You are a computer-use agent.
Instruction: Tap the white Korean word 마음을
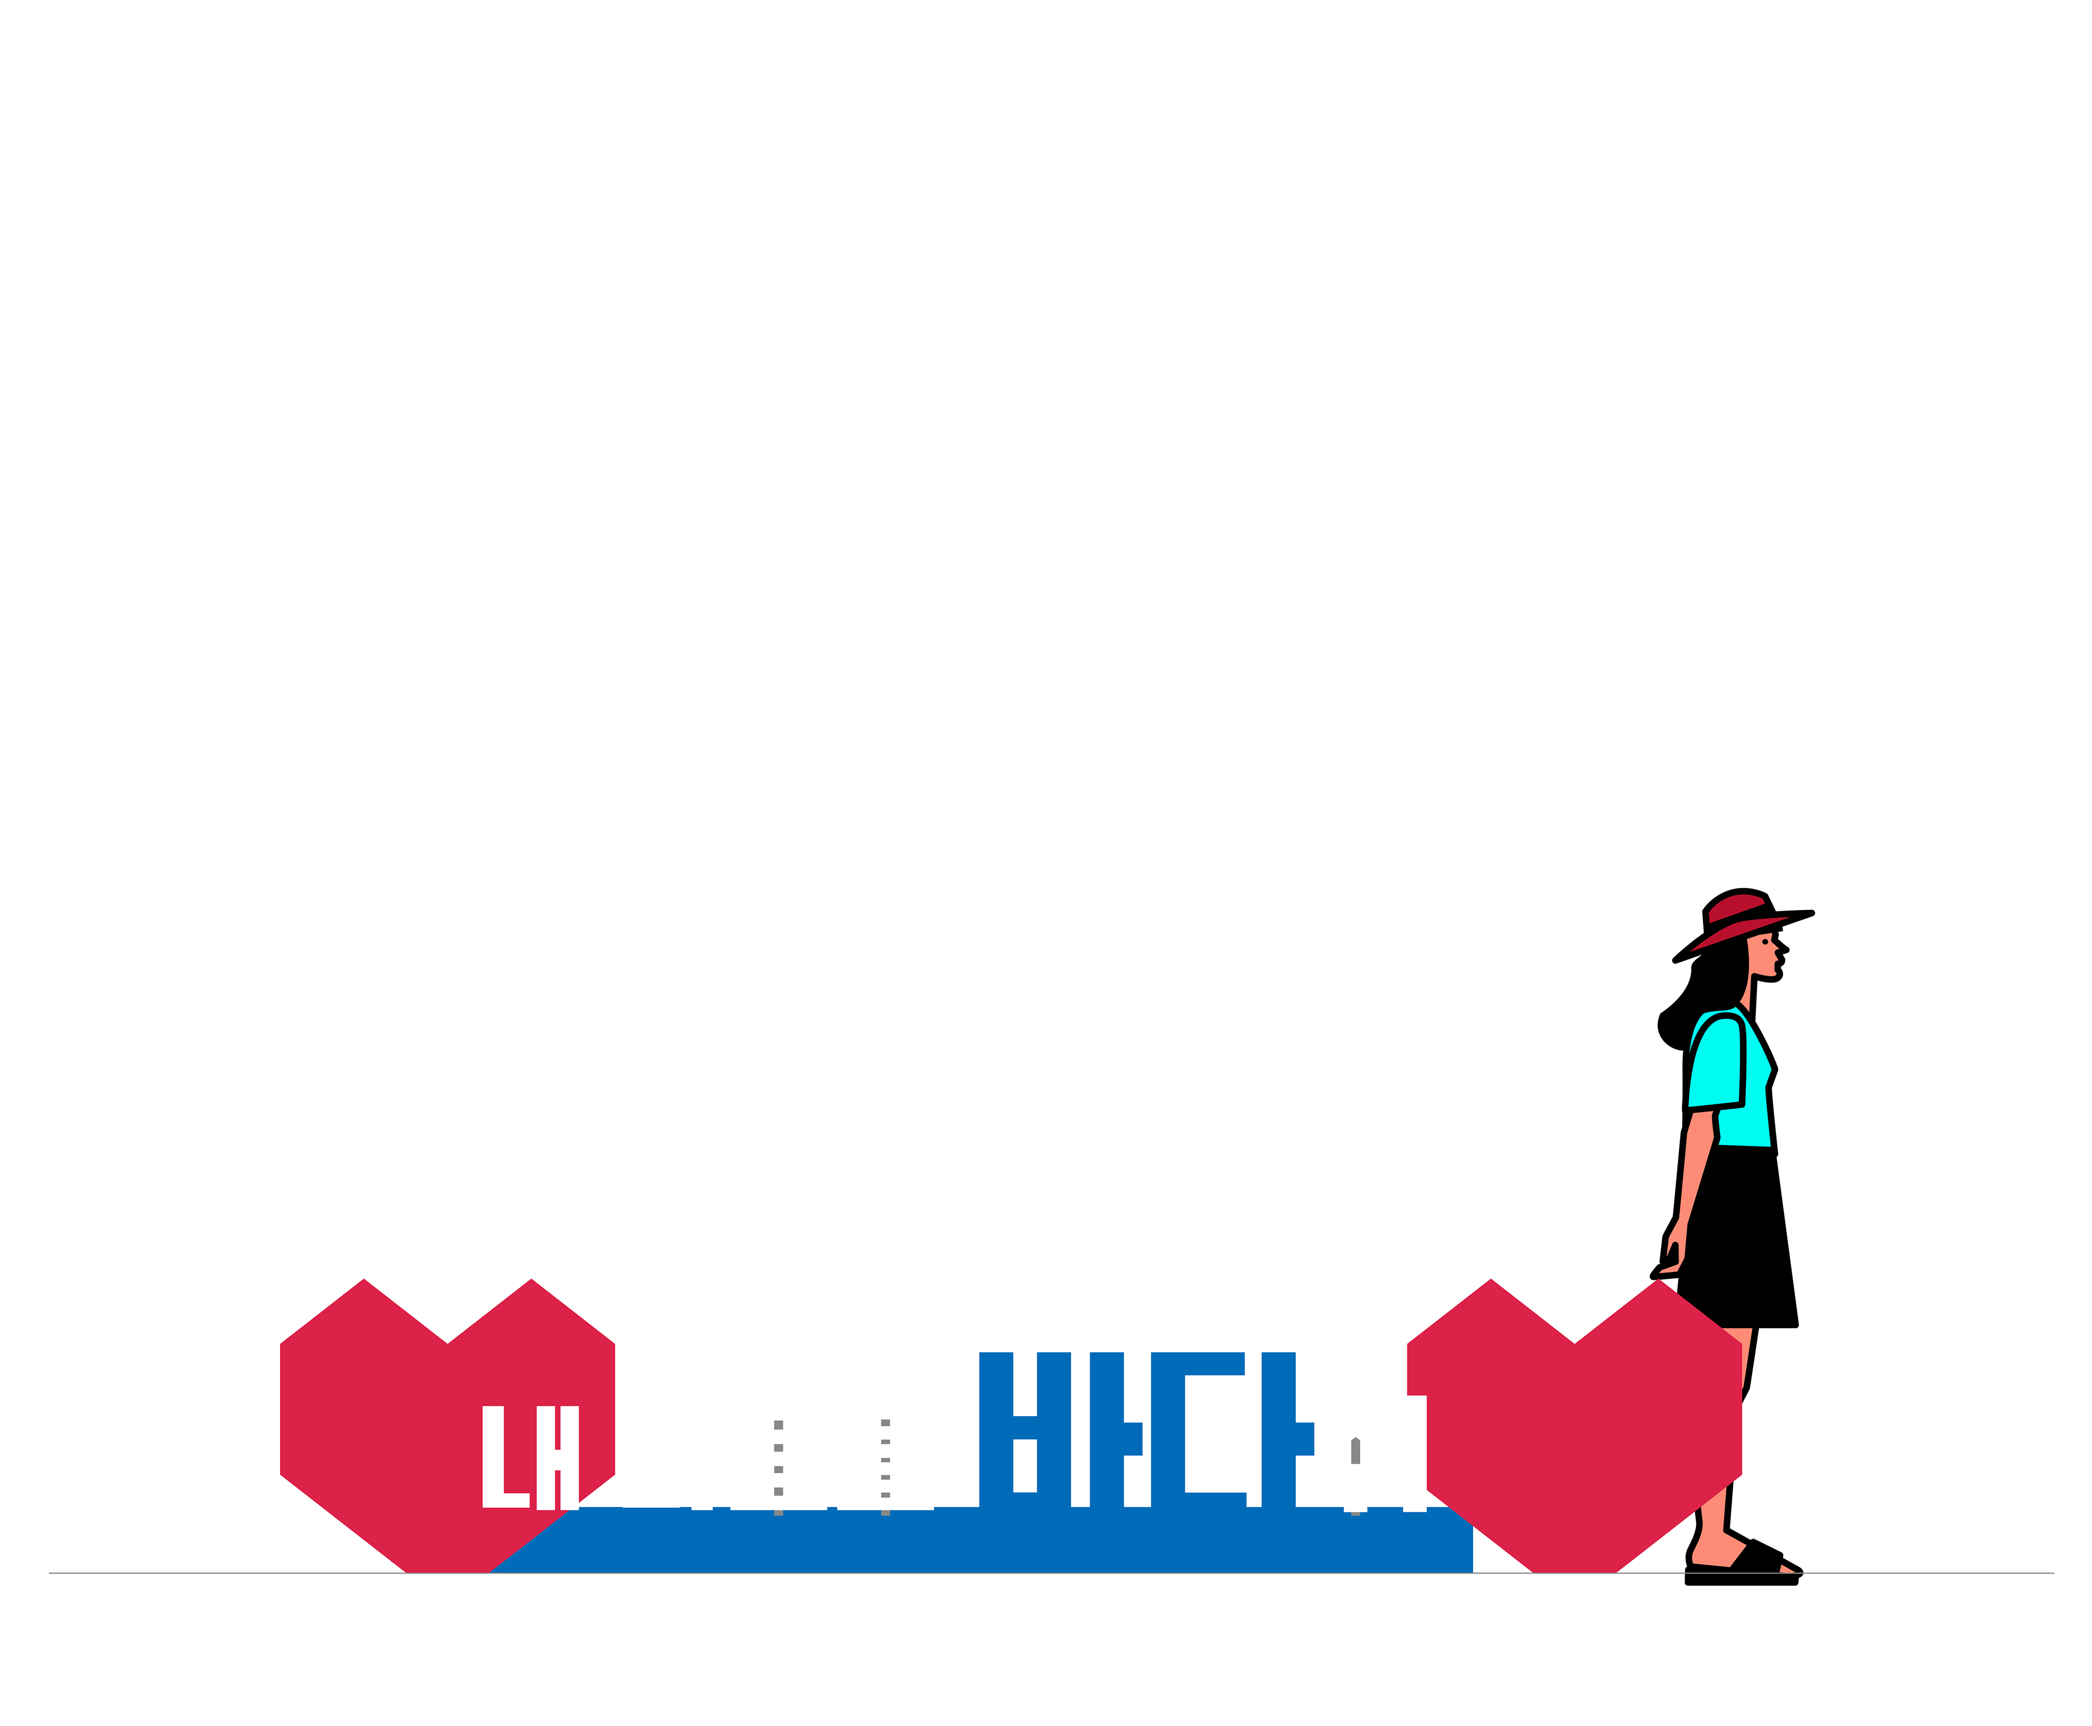[777, 1457]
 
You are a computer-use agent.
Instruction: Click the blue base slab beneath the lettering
[994, 1541]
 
